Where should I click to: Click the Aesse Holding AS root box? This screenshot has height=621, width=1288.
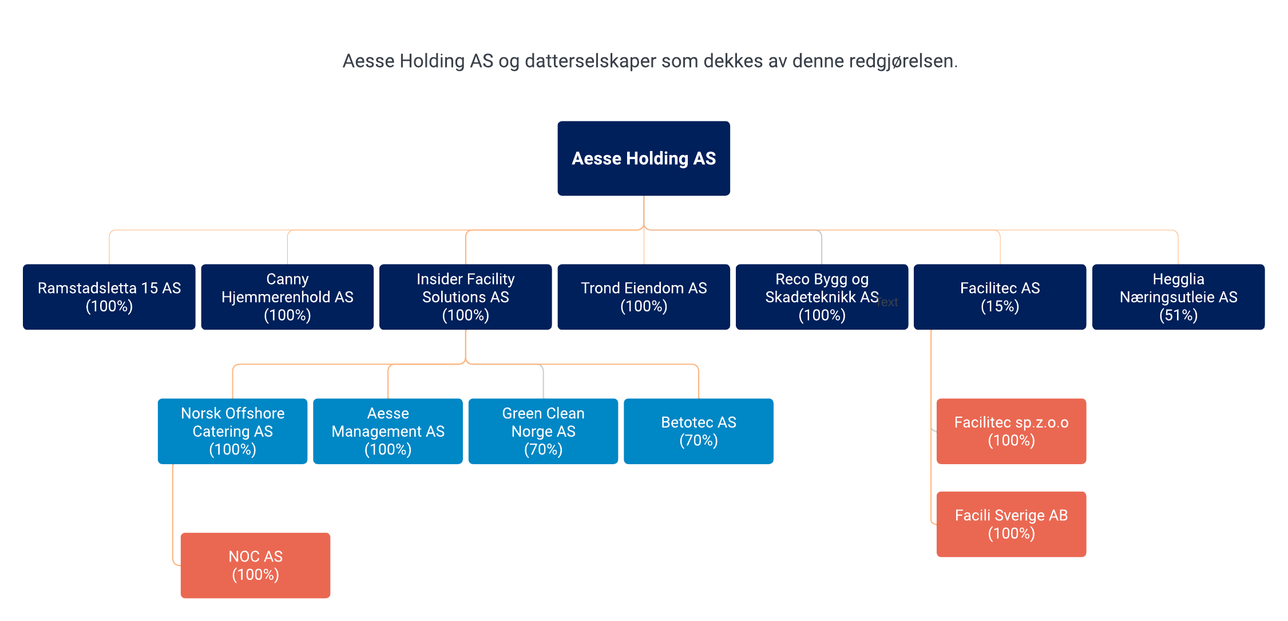tap(644, 159)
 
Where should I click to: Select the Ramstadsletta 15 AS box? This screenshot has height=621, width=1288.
tap(109, 296)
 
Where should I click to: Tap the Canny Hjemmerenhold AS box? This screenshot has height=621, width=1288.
tap(287, 296)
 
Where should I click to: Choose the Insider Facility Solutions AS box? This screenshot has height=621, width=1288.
tap(466, 296)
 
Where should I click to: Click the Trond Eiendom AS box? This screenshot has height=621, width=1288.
tap(644, 296)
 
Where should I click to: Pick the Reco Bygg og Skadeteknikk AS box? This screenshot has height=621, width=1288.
tap(822, 296)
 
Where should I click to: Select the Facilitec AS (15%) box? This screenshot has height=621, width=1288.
tap(1000, 296)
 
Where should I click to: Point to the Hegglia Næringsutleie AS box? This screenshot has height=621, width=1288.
tap(1179, 296)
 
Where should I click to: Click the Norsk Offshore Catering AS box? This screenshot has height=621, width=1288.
tap(233, 431)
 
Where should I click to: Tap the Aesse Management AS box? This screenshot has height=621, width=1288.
tap(388, 431)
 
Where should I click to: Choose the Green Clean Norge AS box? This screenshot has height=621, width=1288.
tap(544, 431)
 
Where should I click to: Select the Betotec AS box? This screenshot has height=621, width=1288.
tap(699, 431)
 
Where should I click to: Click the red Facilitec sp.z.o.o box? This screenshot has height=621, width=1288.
tap(1012, 431)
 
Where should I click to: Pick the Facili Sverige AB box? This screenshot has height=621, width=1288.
tap(1012, 524)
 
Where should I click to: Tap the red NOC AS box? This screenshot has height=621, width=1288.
tap(256, 565)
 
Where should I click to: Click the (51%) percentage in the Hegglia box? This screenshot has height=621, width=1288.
tap(1179, 315)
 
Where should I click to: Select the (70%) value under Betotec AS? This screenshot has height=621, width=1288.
tap(699, 441)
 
